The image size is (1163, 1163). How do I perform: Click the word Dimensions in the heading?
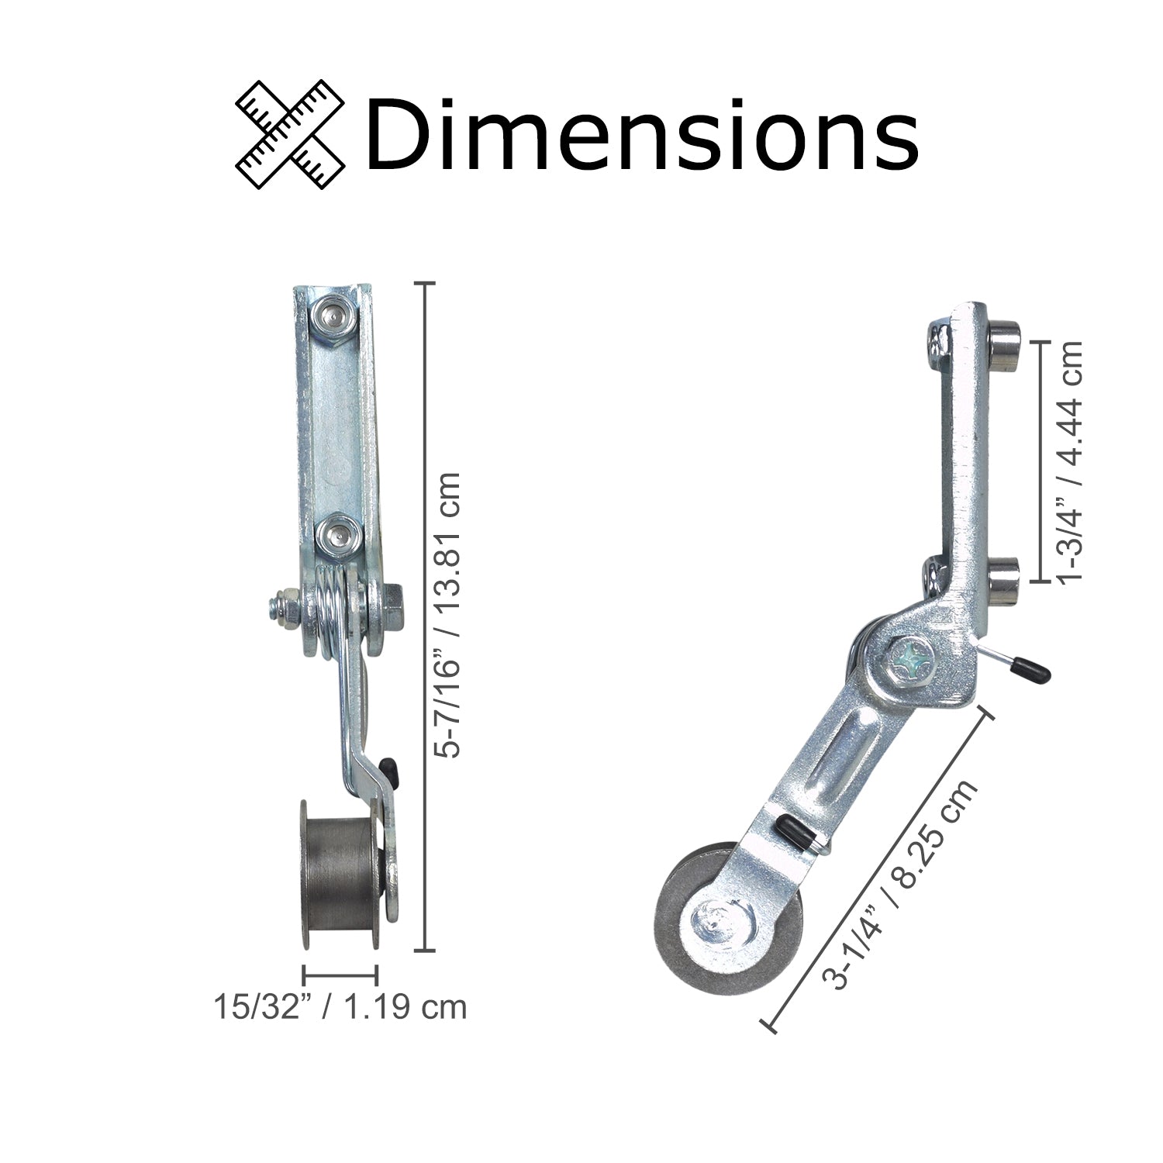coord(642,133)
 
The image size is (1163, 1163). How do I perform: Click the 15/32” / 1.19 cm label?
coord(340,1007)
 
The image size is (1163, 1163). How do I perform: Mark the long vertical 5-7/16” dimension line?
coord(424,616)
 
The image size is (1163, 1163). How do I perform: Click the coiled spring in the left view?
coord(330,613)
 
